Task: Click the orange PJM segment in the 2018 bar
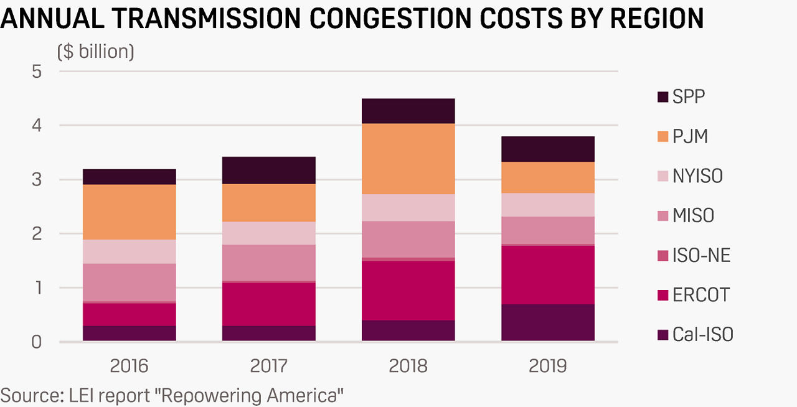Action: (x=408, y=159)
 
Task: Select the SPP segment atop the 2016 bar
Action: (x=130, y=177)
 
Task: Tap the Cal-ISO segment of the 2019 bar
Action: (x=548, y=323)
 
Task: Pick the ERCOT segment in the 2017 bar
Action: (x=268, y=304)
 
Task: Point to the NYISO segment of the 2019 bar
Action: (x=548, y=205)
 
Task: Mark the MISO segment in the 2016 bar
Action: (x=130, y=283)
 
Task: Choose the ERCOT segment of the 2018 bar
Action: (x=408, y=291)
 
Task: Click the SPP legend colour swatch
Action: (x=663, y=97)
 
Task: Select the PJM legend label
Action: (x=690, y=137)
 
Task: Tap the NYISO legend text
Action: (x=697, y=176)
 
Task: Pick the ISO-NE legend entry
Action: (x=694, y=255)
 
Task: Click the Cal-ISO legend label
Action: (x=703, y=334)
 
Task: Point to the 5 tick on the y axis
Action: (x=37, y=72)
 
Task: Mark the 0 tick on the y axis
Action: (x=37, y=342)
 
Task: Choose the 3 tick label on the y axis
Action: (x=37, y=180)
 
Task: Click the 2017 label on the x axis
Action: (x=268, y=366)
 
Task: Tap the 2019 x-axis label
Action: (x=548, y=366)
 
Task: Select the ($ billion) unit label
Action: (x=96, y=52)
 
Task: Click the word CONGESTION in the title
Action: (x=390, y=18)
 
